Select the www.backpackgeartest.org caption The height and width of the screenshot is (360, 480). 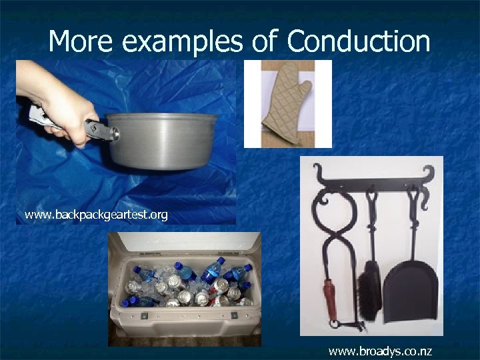coord(96,215)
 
